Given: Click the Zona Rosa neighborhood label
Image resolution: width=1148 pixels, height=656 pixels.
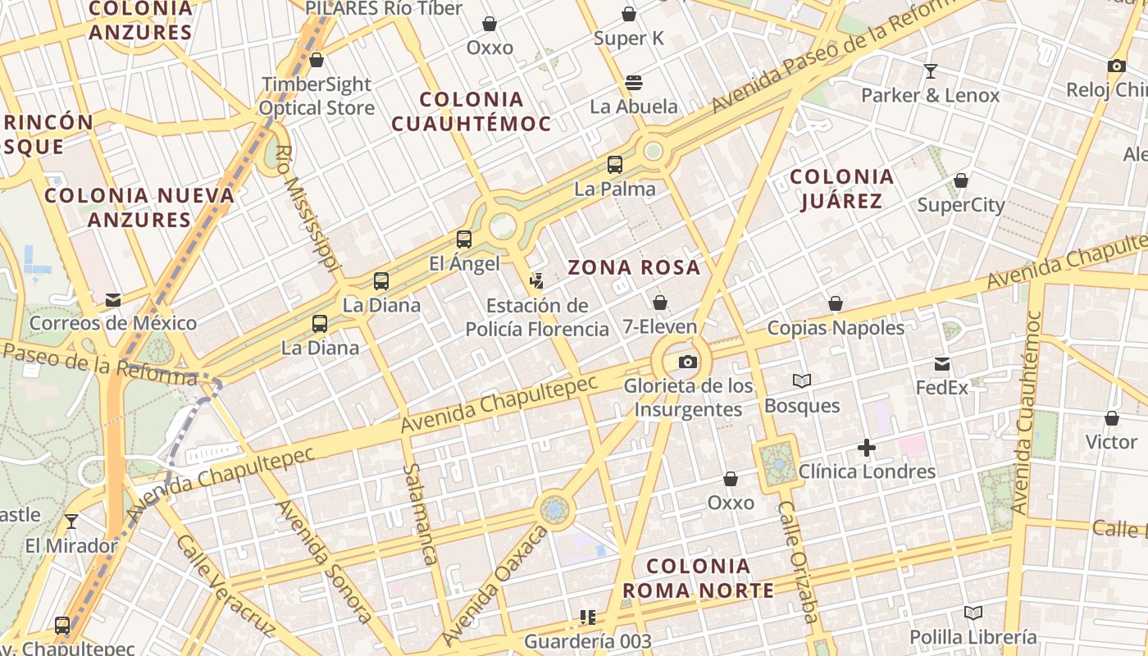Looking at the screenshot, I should [635, 267].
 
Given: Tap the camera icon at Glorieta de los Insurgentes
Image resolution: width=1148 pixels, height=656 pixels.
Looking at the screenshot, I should [688, 362].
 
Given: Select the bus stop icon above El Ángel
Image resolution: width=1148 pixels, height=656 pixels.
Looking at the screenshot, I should [464, 239].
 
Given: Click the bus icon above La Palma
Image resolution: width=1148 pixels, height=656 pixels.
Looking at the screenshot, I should [615, 164].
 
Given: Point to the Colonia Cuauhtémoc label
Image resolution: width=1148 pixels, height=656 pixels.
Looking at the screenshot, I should [471, 112].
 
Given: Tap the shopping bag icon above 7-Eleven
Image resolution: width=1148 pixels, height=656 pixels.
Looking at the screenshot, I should [659, 303].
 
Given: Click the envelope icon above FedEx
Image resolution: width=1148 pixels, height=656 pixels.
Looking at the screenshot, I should [942, 363].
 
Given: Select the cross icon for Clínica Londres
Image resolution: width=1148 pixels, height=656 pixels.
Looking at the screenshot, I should [867, 448].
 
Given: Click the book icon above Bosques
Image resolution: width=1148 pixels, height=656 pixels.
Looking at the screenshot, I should [802, 380].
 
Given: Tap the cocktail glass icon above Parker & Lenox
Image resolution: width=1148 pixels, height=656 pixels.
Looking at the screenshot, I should [930, 71].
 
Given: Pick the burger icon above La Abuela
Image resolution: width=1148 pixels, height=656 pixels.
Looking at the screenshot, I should [634, 82].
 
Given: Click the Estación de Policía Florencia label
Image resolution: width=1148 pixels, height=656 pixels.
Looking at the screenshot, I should [537, 317].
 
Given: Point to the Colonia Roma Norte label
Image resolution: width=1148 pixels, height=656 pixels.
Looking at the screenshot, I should [698, 578].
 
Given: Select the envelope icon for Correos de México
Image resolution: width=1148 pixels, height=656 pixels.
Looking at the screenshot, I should [113, 300].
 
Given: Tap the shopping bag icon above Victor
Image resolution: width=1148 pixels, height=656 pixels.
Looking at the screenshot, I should [1112, 418].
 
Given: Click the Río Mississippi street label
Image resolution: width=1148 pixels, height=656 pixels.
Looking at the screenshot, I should [307, 208].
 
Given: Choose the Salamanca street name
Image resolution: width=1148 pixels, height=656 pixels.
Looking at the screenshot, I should [420, 513].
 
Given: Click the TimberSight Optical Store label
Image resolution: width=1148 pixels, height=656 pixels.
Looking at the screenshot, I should [317, 96].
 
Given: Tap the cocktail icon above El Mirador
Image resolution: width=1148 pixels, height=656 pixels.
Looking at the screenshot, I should [71, 522].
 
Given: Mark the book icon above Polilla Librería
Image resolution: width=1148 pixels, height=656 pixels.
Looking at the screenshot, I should [973, 613].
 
